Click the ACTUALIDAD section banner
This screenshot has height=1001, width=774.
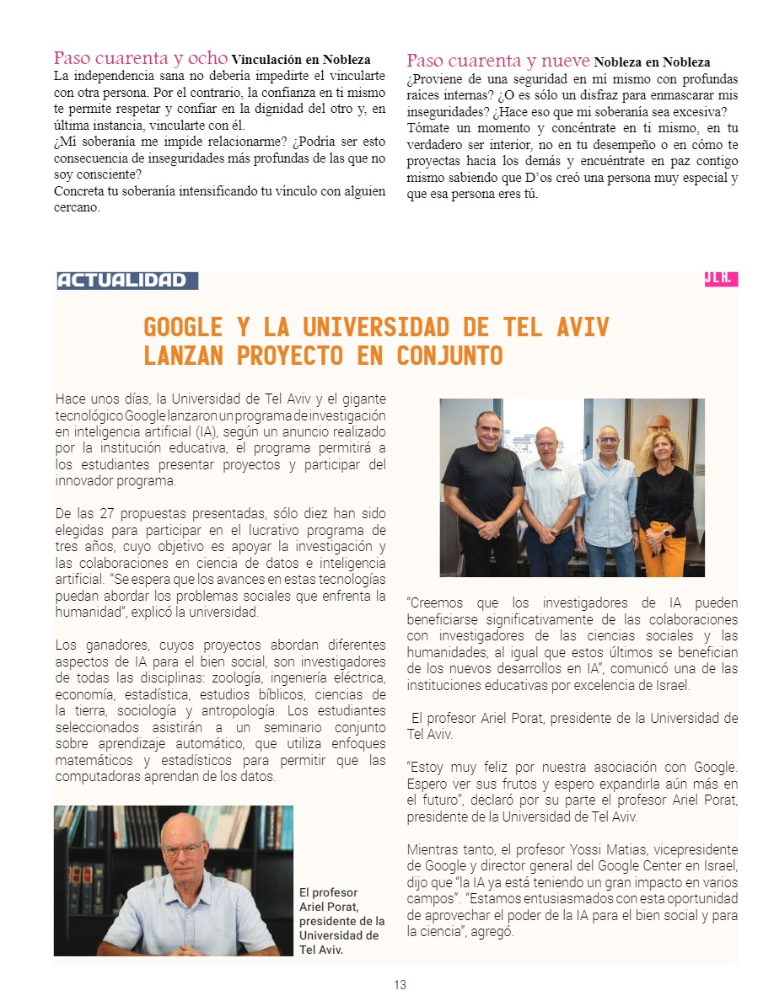coord(126,281)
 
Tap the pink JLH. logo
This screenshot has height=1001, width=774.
coord(721,279)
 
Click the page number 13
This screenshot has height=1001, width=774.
coord(400,984)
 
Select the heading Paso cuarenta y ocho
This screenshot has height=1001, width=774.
coord(140,58)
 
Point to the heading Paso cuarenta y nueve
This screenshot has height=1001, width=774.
coord(498,61)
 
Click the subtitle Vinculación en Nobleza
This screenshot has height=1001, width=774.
coord(301,60)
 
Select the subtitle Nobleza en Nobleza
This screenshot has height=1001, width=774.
coord(652,62)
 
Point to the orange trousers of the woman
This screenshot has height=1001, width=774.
coord(663,552)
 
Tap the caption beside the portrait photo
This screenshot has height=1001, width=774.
coord(341,921)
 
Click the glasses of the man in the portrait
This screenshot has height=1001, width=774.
coord(183,849)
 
